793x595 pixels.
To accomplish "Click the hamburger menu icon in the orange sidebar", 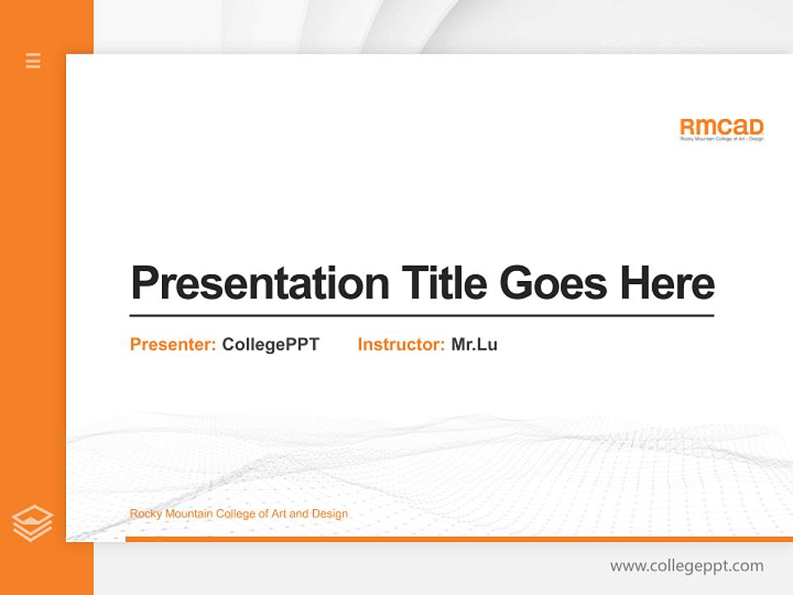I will (33, 60).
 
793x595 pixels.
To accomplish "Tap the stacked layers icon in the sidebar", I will (32, 523).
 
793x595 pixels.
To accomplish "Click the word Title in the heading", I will (444, 283).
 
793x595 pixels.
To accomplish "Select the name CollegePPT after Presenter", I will (270, 345).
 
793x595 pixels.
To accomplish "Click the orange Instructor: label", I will (401, 345).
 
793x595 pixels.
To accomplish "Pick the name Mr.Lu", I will (474, 345).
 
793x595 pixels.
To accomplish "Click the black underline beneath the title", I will (421, 315).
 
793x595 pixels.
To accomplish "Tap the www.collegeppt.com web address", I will (686, 566).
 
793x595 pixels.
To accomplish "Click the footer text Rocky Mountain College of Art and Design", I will (239, 514).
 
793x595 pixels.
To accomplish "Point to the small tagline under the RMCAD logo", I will (721, 139).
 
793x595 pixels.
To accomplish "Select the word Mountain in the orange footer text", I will (188, 514).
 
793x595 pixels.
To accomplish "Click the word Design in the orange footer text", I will (330, 514).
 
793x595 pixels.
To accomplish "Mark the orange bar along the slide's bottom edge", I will (458, 539).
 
